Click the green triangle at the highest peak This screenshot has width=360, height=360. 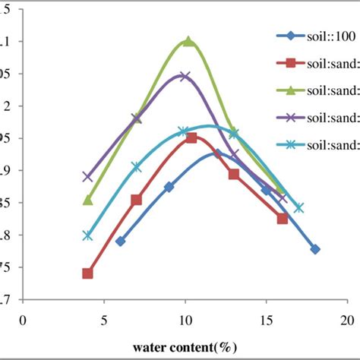point(188,42)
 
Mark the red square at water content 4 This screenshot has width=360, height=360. point(87,273)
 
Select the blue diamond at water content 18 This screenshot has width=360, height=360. point(315,249)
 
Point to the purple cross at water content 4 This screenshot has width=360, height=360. point(87,176)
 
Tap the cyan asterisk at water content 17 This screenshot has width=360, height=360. point(298,207)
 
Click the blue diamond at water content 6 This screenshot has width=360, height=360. point(120,241)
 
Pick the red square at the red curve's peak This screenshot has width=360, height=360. point(191,137)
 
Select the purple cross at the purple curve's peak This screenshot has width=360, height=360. point(185,76)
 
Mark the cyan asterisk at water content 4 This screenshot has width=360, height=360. point(87,235)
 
